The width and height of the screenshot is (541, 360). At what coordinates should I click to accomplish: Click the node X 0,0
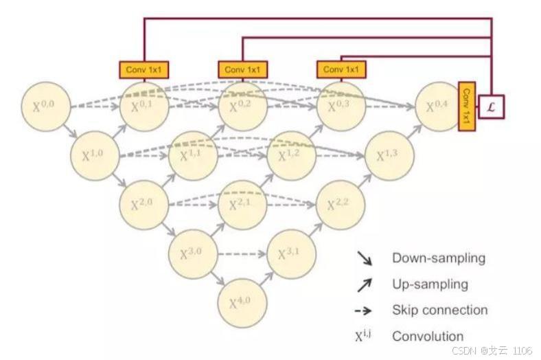point(47,106)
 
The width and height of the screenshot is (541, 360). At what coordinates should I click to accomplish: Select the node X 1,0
point(95,155)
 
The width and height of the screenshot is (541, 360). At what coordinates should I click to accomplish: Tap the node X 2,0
point(143,204)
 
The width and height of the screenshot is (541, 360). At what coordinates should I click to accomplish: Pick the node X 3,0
point(192,253)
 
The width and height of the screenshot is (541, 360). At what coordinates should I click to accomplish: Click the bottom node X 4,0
point(242,302)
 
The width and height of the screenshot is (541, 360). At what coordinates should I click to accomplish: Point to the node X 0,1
point(144,106)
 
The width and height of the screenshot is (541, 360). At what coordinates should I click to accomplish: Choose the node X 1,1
point(193,155)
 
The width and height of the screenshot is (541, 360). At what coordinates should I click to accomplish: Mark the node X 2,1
point(242,204)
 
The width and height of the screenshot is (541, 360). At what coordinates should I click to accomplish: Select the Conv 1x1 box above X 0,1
point(144,69)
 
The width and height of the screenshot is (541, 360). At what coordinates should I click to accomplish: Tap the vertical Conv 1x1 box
point(466,106)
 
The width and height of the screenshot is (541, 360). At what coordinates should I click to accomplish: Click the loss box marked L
point(492,106)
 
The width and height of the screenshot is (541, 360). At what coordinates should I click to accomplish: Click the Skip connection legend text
point(439,310)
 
